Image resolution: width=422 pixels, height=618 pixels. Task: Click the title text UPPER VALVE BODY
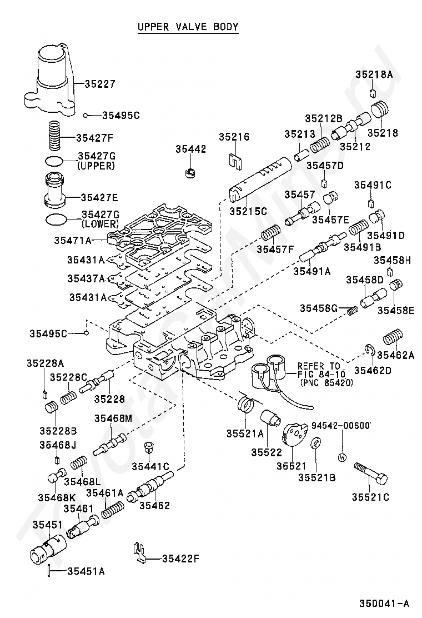188,26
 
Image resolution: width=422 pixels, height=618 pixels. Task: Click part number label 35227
100,84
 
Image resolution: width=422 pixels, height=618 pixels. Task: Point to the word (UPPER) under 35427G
96,166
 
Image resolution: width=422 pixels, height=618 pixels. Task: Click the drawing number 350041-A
384,603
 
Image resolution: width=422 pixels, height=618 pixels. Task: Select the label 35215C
248,211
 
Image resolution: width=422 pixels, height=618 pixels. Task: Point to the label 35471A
72,241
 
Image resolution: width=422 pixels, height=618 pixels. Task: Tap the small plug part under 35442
191,171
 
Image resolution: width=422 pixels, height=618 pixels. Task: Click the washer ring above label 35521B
314,443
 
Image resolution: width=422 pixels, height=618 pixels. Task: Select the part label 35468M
113,418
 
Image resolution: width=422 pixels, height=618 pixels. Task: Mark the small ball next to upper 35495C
86,115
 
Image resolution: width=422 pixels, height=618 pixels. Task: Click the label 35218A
374,74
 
